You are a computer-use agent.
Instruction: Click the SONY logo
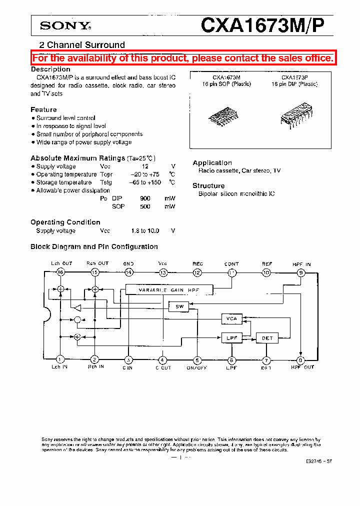[x=64, y=25]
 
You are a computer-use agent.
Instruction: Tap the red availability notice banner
[x=182, y=58]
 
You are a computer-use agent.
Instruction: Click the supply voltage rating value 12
[x=145, y=166]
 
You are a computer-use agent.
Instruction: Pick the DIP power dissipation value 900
[x=145, y=198]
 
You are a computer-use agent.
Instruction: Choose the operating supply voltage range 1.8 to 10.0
[x=145, y=231]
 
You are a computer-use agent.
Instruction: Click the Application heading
[x=212, y=163]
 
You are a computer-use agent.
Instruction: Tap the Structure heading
[x=208, y=186]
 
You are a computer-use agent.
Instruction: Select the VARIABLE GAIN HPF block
[x=169, y=290]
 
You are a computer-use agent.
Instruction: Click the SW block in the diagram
[x=179, y=307]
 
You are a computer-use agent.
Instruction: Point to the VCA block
[x=231, y=318]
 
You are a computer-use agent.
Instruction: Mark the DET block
[x=267, y=338]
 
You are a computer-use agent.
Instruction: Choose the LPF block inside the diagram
[x=231, y=338]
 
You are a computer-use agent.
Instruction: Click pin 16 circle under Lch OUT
[x=60, y=272]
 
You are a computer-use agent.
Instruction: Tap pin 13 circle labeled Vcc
[x=163, y=272]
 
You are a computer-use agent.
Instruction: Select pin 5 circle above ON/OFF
[x=197, y=359]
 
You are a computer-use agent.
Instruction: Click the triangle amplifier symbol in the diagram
[x=76, y=307]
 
